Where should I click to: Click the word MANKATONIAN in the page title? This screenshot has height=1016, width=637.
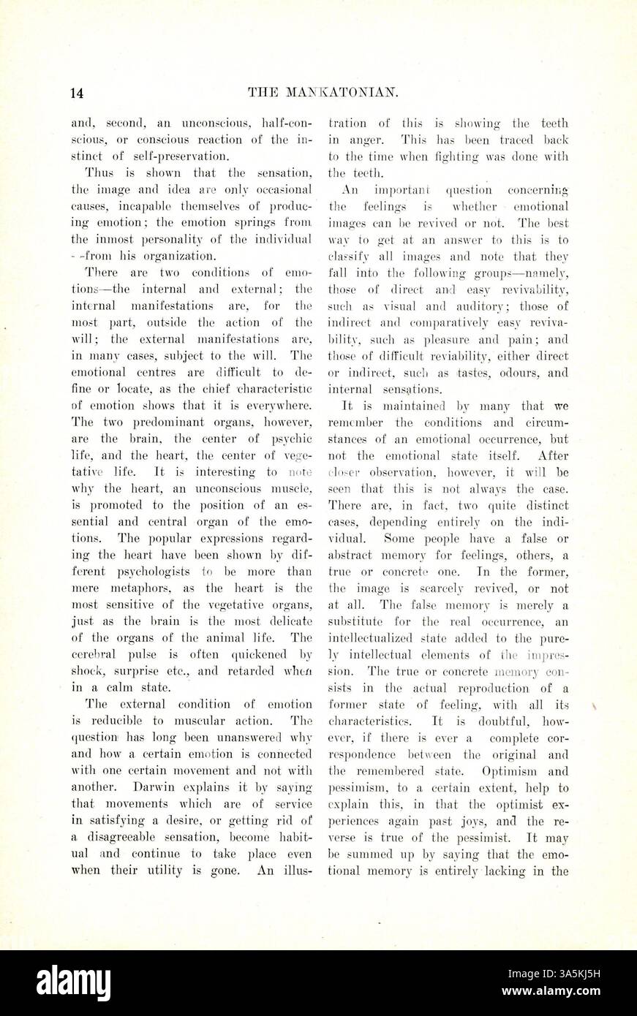pos(341,92)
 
